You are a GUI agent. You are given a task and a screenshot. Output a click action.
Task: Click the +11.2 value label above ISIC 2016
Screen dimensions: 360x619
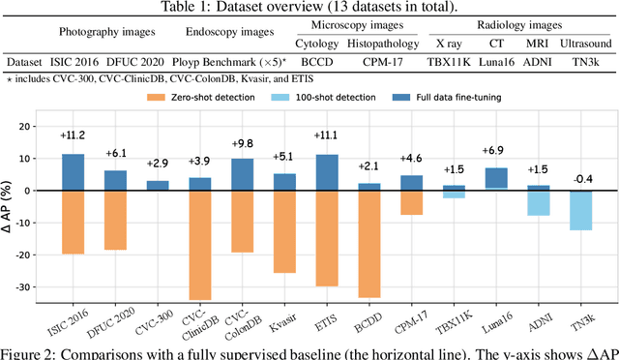point(73,135)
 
